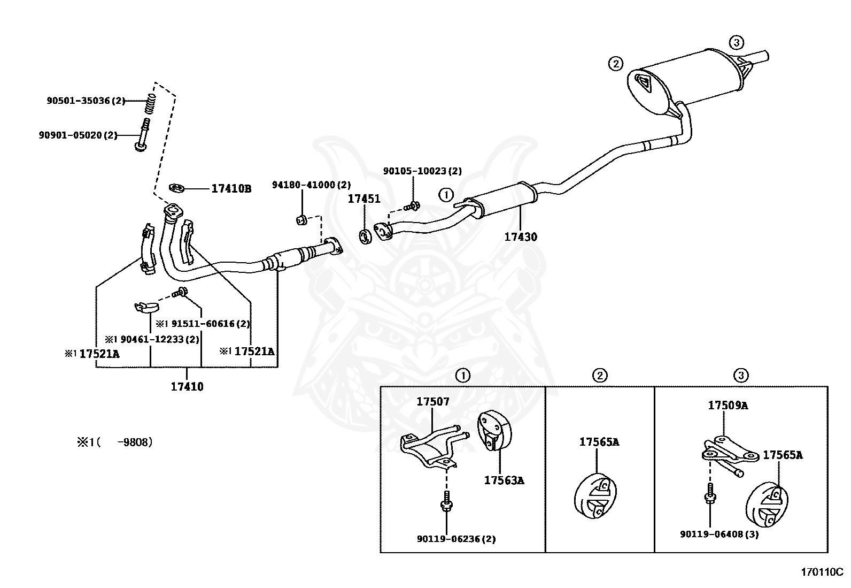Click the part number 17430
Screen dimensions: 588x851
tap(521, 236)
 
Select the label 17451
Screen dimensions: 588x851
tap(364, 199)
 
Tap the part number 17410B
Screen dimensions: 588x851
tap(231, 189)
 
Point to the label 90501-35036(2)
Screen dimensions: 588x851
tap(86, 100)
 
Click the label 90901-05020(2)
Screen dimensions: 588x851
tap(78, 135)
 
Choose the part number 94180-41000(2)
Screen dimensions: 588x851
tap(311, 185)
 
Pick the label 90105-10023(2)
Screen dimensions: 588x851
tap(422, 171)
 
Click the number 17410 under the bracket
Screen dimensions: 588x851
tap(187, 386)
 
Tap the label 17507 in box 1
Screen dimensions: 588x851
tap(433, 401)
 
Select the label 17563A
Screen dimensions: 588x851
tap(504, 480)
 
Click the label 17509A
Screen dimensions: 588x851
tap(728, 406)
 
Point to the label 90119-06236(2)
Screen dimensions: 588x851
tap(456, 539)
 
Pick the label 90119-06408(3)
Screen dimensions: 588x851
tap(719, 534)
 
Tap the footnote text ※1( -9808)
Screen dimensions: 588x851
tap(114, 442)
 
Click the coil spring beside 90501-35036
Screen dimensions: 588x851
tap(151, 103)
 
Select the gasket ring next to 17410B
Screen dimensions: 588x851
tap(176, 188)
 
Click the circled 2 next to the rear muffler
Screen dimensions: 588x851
tap(615, 64)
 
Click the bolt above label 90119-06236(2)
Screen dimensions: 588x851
tap(445, 501)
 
